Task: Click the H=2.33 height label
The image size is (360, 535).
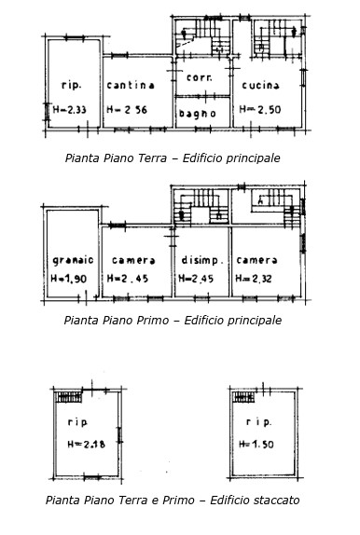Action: pos(70,110)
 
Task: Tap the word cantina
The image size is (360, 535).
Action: pos(131,85)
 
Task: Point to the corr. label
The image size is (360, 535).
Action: pos(198,77)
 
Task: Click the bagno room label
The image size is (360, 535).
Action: pos(198,114)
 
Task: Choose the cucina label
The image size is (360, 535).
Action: pos(261,85)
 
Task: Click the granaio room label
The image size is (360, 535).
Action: pos(71,260)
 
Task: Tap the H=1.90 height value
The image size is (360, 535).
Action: pos(71,279)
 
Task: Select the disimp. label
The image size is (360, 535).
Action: pos(200,260)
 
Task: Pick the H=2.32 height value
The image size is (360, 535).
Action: pos(257,279)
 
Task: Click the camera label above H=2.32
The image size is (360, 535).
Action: pos(257,260)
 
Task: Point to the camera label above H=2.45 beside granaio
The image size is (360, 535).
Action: pos(132,260)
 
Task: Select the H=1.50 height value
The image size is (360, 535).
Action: pos(261,445)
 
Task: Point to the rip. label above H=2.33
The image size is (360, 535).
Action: pos(70,85)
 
